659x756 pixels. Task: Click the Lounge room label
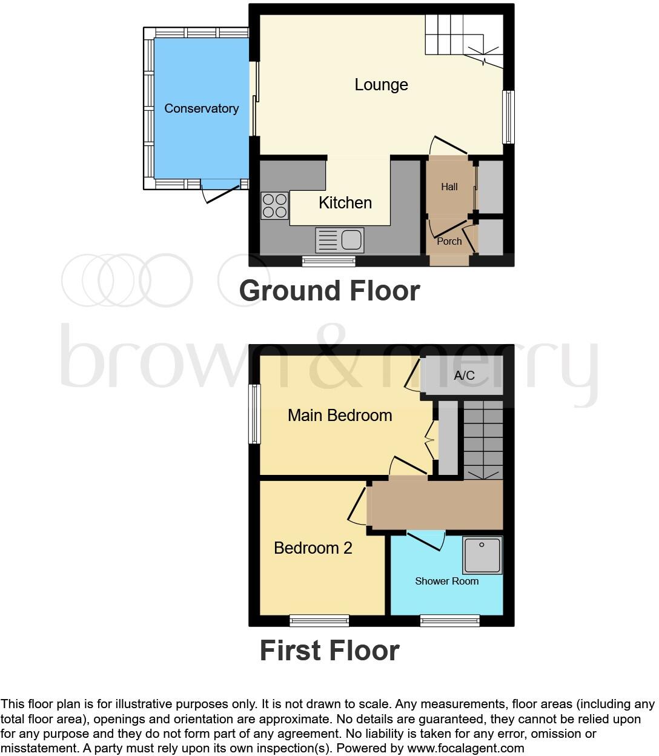coord(381,85)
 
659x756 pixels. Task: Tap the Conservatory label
coord(202,108)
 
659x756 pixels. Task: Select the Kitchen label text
coord(345,203)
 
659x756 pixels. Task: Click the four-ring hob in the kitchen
coord(274,205)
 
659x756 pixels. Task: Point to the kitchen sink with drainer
coord(339,240)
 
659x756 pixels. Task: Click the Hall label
coord(449,187)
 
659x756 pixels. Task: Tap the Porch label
coord(449,241)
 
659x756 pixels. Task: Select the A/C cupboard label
coord(464,376)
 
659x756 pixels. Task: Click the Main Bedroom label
coord(340,416)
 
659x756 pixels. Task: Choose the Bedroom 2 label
coord(313,548)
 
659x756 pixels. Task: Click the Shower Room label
coord(447,581)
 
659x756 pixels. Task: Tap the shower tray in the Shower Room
coord(482,555)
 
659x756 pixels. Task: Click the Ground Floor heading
coord(329,291)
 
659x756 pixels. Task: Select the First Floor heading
coord(329,651)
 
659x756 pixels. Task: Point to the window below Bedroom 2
coord(319,620)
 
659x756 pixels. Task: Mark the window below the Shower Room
coord(450,620)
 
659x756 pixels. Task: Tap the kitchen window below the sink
coord(329,261)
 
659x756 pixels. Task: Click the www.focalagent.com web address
coord(465,748)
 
